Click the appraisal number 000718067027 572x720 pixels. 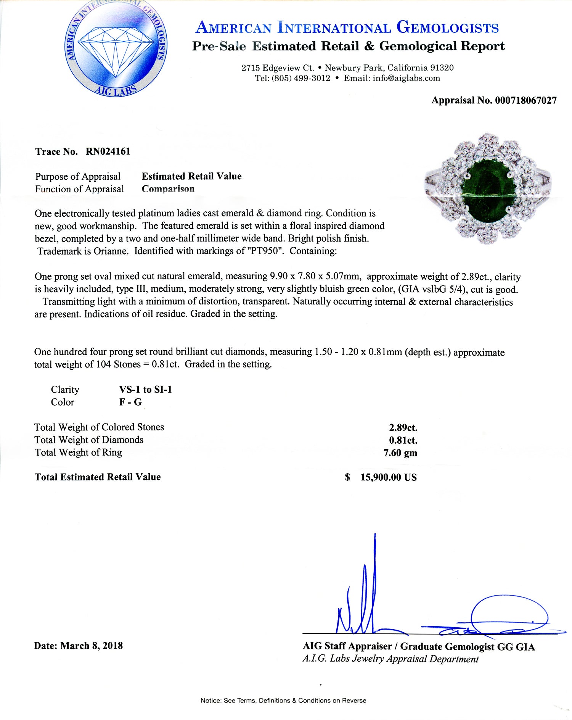tap(526, 100)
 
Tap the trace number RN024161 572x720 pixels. tap(108, 151)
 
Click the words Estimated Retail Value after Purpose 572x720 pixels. tap(191, 176)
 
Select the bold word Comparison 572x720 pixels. tap(168, 189)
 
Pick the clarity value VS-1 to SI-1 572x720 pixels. tap(145, 390)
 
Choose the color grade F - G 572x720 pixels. tap(130, 402)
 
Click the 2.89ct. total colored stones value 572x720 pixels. tap(403, 427)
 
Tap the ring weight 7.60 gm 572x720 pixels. tap(400, 453)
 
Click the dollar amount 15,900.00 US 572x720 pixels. tap(388, 477)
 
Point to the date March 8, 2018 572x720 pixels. tap(92, 646)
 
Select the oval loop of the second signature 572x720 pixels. tap(509, 615)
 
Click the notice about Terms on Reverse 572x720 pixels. tap(283, 701)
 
